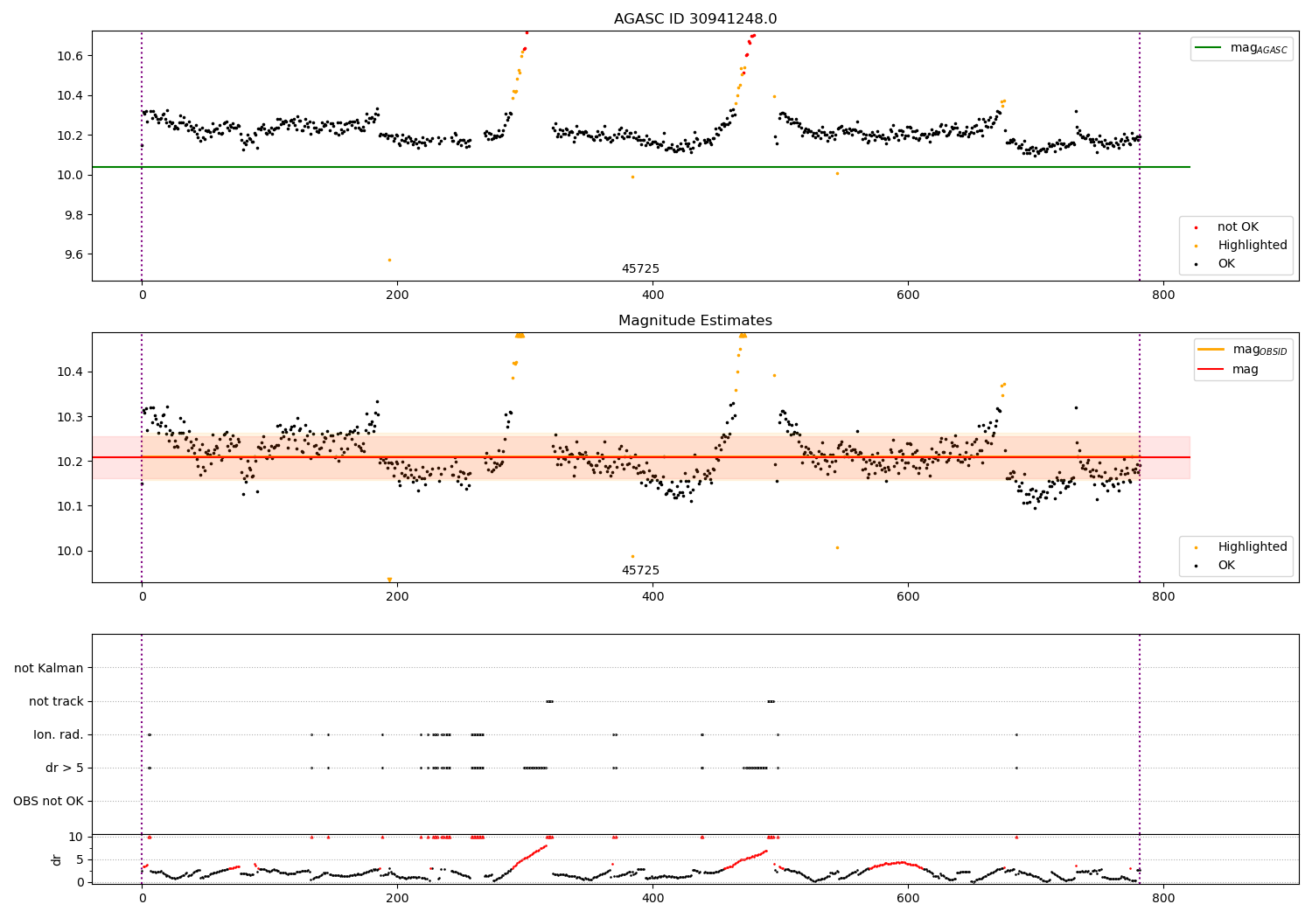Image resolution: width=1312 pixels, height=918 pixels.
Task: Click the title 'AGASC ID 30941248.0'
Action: (694, 18)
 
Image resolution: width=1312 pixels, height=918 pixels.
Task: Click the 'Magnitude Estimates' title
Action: (694, 321)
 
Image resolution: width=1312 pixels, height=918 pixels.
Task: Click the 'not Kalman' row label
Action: (49, 668)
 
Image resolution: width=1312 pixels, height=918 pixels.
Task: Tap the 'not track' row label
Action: (56, 701)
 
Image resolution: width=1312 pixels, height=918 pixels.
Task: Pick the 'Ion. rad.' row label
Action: (59, 734)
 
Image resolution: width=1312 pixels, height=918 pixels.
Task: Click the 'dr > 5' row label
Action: (65, 768)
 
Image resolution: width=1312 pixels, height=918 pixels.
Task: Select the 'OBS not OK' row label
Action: (48, 801)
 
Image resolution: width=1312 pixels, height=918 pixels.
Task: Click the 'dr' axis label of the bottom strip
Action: (57, 859)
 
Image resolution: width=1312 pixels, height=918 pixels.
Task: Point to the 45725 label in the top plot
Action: (640, 269)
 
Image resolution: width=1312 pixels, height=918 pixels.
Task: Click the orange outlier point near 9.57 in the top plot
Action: (389, 260)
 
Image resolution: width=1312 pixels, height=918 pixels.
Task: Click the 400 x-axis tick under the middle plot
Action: (653, 596)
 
